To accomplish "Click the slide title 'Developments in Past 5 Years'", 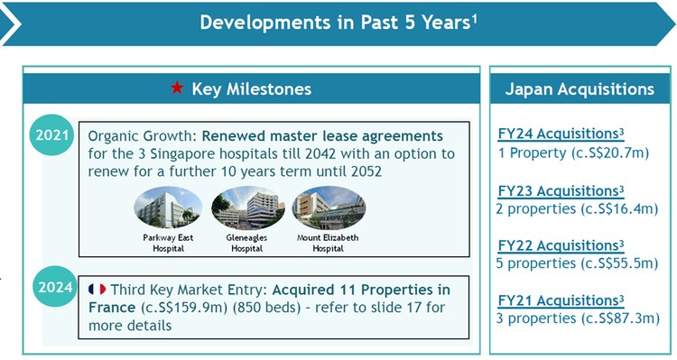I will point(334,23).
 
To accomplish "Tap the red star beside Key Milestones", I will point(177,89).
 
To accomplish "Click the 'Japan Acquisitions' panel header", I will point(580,89).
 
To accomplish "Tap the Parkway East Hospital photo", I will point(168,208).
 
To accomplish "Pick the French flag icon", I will point(97,290).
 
